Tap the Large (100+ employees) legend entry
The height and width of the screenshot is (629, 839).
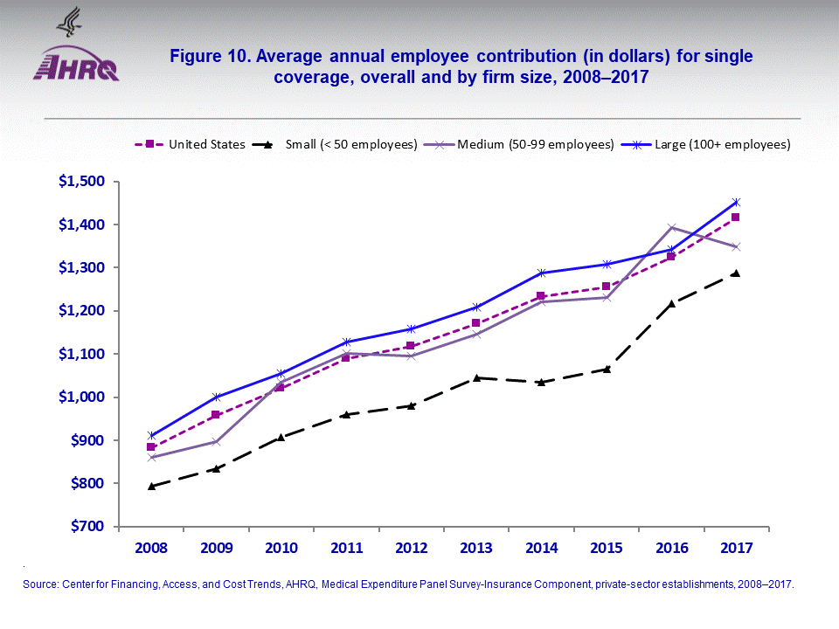(x=722, y=144)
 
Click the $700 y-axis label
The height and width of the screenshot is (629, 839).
(x=85, y=527)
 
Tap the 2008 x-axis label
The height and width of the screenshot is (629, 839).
(x=151, y=548)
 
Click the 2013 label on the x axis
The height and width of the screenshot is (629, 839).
(x=476, y=548)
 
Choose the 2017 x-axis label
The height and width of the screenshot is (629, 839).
(x=736, y=548)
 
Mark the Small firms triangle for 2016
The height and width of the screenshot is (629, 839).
(x=671, y=304)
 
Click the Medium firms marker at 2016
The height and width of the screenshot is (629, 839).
(x=671, y=227)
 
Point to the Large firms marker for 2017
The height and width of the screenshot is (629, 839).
(x=736, y=202)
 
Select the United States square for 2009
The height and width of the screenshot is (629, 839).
(x=216, y=415)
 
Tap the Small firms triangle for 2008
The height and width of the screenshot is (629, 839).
(x=151, y=486)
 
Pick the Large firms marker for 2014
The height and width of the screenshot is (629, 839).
(x=541, y=273)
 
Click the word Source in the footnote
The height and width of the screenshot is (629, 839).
(x=39, y=584)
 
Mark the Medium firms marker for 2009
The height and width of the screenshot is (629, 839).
(x=216, y=441)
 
